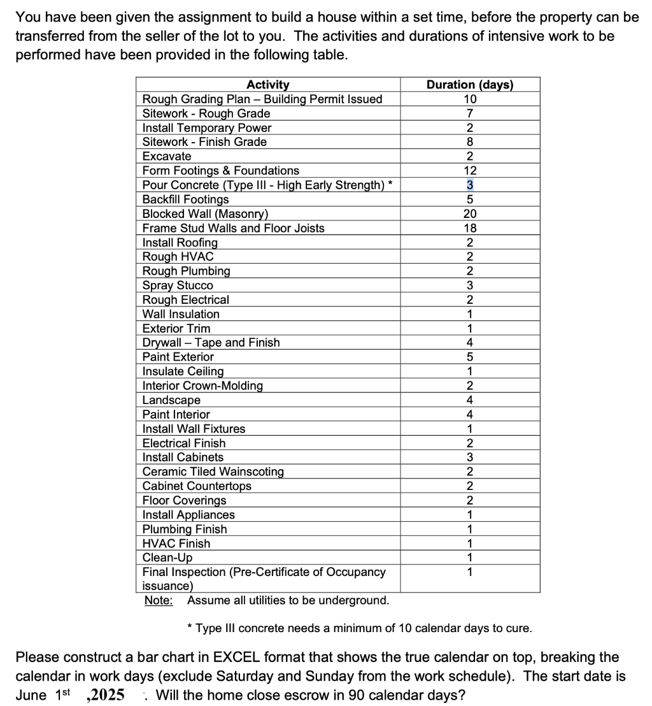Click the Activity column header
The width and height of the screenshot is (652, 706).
pos(267,85)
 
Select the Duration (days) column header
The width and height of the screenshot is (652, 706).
pos(469,85)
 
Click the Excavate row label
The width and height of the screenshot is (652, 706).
pos(167,156)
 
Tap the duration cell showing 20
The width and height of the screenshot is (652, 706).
pos(469,214)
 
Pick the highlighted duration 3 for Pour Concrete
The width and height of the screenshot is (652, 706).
pos(469,185)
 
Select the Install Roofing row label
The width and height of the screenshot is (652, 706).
pos(180,243)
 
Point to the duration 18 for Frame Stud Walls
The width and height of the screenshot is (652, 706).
pos(469,228)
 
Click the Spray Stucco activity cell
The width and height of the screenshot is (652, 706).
pos(178,285)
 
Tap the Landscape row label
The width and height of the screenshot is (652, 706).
pos(171,400)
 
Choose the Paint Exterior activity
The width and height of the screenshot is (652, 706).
pos(178,357)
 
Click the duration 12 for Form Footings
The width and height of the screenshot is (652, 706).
pos(469,171)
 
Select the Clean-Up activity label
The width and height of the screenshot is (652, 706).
pos(167,558)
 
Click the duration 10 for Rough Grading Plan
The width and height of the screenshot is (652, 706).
pos(469,99)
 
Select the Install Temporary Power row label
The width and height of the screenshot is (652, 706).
pos(206,128)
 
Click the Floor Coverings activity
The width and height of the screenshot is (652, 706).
pos(184,500)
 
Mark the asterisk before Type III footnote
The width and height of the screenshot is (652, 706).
pos(190,628)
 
